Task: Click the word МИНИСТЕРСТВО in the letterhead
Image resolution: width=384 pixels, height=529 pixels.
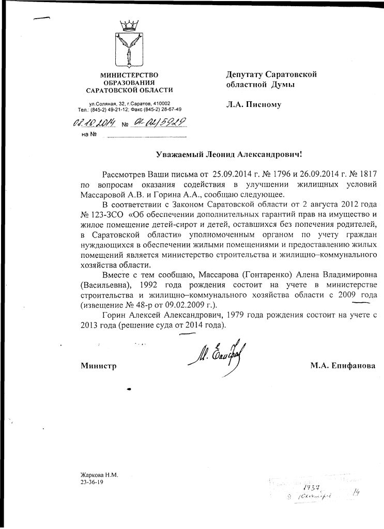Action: (129, 76)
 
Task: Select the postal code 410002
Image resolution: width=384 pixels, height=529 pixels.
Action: (160, 103)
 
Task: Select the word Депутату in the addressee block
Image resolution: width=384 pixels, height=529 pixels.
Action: (247, 74)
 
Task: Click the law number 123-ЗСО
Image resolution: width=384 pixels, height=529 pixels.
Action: (105, 214)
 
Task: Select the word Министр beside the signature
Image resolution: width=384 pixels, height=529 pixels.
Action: (98, 366)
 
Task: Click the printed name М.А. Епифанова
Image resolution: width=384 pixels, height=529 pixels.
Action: (343, 366)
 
